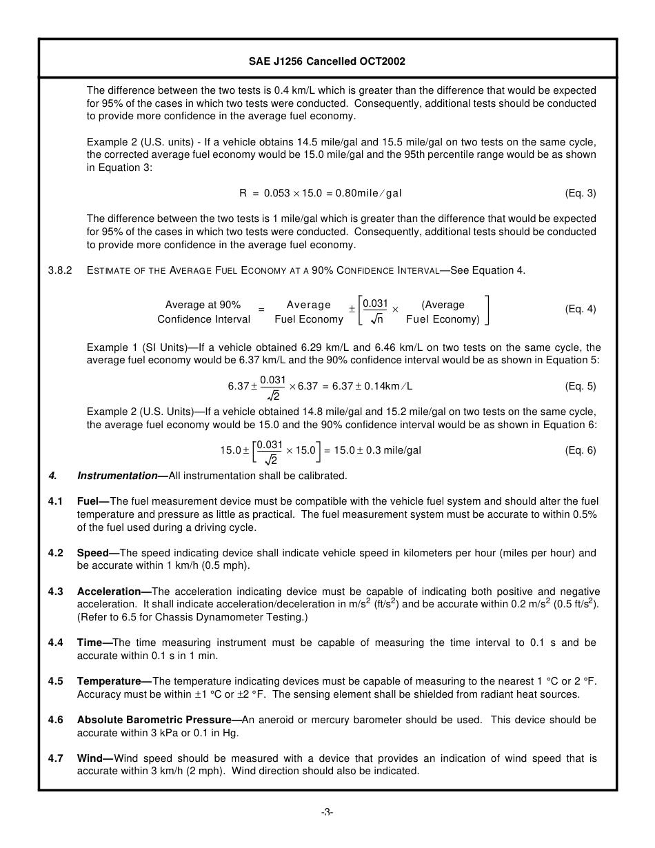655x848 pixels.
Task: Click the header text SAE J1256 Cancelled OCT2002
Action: pos(327,61)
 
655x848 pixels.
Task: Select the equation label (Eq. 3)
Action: pos(580,193)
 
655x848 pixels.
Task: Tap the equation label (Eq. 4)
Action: pos(580,309)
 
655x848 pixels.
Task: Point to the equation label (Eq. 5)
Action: pos(580,386)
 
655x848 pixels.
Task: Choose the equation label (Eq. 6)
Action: pos(580,450)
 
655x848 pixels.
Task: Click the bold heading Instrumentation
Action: pos(117,476)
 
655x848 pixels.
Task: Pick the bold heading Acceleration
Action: pos(109,592)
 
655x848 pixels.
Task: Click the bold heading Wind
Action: pos(90,758)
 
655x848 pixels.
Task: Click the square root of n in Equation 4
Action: pos(376,319)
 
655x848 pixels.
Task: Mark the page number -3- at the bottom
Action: pos(327,812)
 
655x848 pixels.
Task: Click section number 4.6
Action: pos(56,720)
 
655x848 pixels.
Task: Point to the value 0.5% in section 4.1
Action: pos(585,514)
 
